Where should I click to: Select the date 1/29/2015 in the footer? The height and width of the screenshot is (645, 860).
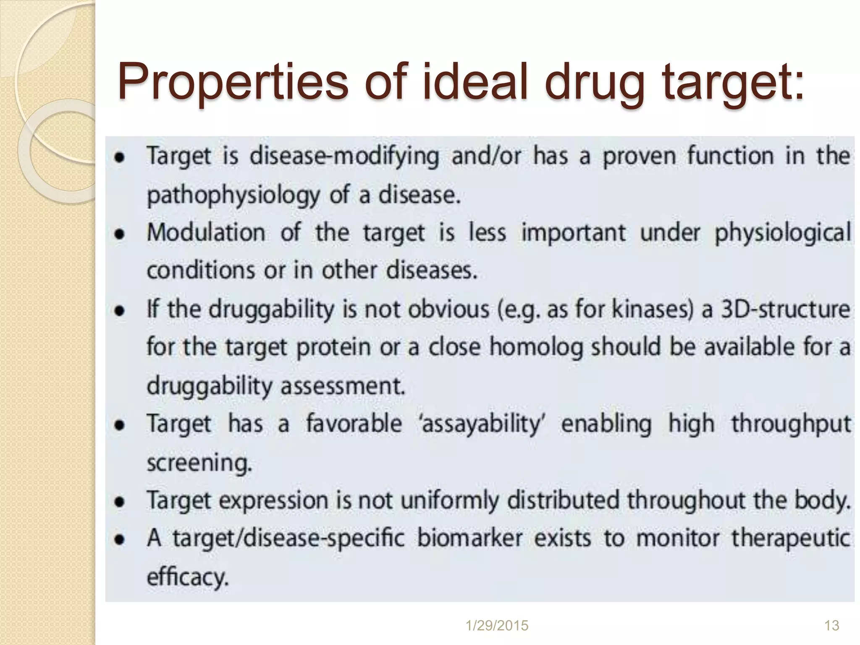point(497,626)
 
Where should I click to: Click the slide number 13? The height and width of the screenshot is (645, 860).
point(832,626)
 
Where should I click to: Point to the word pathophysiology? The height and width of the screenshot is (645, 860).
point(233,196)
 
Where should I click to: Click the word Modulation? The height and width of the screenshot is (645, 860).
point(206,232)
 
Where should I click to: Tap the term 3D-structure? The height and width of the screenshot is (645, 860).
point(786,309)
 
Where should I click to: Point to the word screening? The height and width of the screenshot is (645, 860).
point(199,463)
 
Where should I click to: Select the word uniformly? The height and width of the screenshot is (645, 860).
point(450,501)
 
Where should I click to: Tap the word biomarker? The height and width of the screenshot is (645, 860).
point(470,538)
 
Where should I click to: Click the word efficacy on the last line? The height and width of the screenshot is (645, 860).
point(187,577)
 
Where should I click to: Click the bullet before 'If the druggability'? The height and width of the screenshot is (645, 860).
point(121,310)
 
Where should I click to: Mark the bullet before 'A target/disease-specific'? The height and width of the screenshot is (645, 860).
point(121,539)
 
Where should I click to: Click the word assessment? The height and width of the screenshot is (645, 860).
point(343,386)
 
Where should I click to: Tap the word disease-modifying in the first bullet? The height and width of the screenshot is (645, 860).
point(344,157)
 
